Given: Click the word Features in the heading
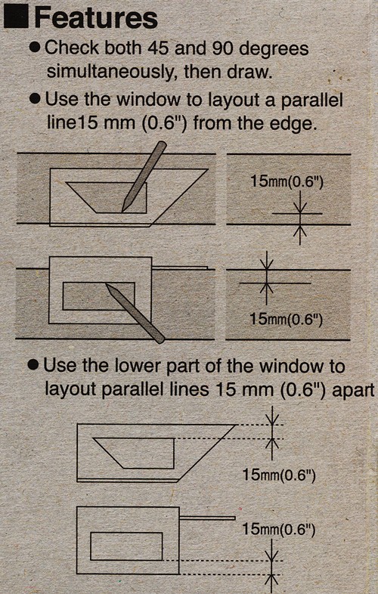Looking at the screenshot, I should (x=96, y=17).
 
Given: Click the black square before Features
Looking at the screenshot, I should (x=17, y=17).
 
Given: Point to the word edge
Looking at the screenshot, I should (x=294, y=122).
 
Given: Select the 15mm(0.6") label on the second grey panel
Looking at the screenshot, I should (x=286, y=319).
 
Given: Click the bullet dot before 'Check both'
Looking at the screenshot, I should (x=34, y=48).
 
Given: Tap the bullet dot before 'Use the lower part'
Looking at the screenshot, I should (x=34, y=366).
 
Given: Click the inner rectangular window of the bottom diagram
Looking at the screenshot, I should (x=126, y=546).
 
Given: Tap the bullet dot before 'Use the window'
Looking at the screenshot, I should (x=34, y=100).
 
